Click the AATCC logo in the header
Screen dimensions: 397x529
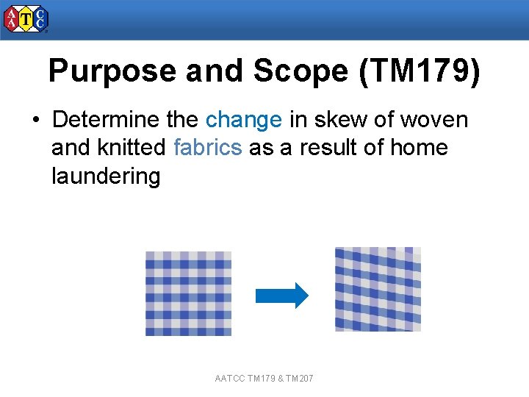[26, 19]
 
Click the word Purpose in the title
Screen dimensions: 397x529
[112, 71]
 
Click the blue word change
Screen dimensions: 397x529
[243, 119]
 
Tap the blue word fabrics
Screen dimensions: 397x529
[207, 148]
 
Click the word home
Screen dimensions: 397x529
[419, 148]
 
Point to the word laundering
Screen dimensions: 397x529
[106, 176]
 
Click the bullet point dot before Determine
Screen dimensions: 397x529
[35, 120]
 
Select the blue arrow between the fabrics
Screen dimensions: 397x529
[281, 295]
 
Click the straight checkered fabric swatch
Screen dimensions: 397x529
[188, 293]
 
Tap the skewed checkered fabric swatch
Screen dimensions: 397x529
[378, 289]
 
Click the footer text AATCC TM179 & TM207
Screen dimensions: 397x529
[264, 379]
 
